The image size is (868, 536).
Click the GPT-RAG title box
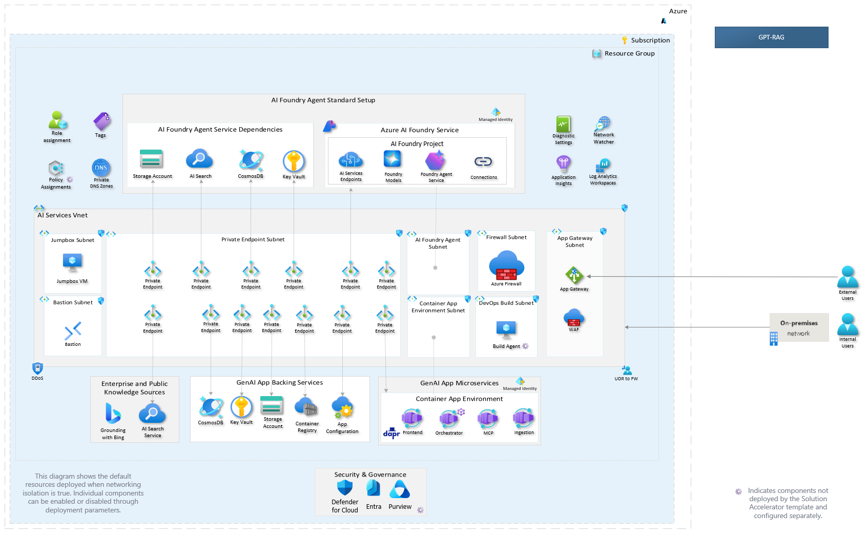pyautogui.click(x=771, y=37)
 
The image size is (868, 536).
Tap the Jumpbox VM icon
pyautogui.click(x=72, y=262)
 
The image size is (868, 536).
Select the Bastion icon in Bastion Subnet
pyautogui.click(x=73, y=331)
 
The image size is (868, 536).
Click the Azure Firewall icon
pyautogui.click(x=506, y=265)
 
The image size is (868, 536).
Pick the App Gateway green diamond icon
pyautogui.click(x=574, y=275)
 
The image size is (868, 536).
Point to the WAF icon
pyautogui.click(x=574, y=318)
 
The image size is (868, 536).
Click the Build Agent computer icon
pyautogui.click(x=506, y=329)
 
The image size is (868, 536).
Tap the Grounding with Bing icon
pyautogui.click(x=113, y=414)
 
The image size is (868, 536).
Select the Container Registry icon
pyautogui.click(x=306, y=408)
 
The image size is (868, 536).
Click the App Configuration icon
pyautogui.click(x=342, y=407)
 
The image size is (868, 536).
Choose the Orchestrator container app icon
pyautogui.click(x=449, y=418)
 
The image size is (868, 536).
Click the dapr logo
pyautogui.click(x=391, y=433)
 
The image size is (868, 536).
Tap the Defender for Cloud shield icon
pyautogui.click(x=344, y=488)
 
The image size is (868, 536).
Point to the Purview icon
pyautogui.click(x=400, y=489)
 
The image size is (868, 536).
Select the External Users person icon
pyautogui.click(x=848, y=277)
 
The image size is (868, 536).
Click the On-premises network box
pyautogui.click(x=799, y=327)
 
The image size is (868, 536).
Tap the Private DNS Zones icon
pyautogui.click(x=101, y=168)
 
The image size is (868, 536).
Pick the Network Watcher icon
pyautogui.click(x=603, y=124)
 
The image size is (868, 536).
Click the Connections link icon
pyautogui.click(x=483, y=161)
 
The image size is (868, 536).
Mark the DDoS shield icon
pyautogui.click(x=37, y=368)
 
